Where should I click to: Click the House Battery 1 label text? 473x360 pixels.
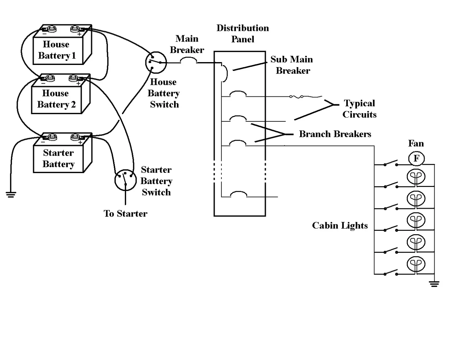[x=57, y=50]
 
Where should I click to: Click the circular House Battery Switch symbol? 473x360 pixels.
[x=156, y=62]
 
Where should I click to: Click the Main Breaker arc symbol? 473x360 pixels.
[x=188, y=60]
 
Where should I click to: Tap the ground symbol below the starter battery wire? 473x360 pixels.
[x=11, y=194]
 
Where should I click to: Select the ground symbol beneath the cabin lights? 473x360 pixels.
[x=434, y=284]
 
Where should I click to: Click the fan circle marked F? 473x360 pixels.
[x=416, y=158]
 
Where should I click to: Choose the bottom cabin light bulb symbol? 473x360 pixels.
[x=416, y=264]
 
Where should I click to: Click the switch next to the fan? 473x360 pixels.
[x=390, y=163]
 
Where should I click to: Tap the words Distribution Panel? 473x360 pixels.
[x=242, y=33]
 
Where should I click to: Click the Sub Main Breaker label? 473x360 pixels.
[x=292, y=65]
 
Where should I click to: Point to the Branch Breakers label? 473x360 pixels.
[x=335, y=134]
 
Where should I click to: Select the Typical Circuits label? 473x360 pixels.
[x=359, y=109]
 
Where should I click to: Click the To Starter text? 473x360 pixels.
[x=126, y=214]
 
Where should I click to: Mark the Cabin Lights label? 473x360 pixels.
[x=340, y=225]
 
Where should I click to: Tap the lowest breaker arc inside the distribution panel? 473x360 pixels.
[x=238, y=194]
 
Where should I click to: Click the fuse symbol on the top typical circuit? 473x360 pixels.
[x=297, y=96]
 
